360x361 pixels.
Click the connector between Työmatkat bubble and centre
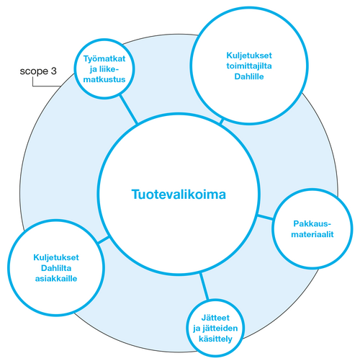click(127, 112)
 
